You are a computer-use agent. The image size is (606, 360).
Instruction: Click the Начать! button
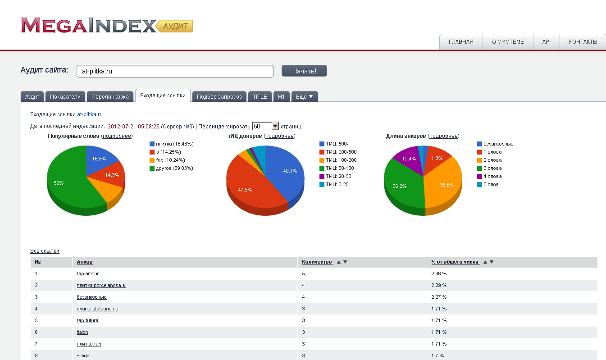(304, 71)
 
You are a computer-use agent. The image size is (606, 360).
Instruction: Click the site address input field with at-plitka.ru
(175, 71)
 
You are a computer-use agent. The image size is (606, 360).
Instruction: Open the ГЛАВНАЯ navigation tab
(461, 42)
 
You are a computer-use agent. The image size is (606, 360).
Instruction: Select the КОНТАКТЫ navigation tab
(583, 42)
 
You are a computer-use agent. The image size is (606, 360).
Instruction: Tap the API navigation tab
(546, 42)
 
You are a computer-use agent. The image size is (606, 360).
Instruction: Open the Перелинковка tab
(110, 96)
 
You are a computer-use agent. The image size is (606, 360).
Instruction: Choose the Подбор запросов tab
(219, 96)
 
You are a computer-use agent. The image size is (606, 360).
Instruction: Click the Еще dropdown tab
(305, 96)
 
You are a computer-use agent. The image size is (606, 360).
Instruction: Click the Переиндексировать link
(224, 127)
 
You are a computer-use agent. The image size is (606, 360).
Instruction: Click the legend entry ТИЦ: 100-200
(341, 160)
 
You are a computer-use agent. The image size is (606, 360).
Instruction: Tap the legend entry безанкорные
(498, 144)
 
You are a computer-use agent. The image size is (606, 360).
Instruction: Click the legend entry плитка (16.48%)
(174, 144)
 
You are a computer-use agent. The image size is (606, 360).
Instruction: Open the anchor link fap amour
(88, 273)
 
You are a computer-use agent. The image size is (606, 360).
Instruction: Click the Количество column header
(317, 262)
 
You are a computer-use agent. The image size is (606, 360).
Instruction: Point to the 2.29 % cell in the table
(438, 285)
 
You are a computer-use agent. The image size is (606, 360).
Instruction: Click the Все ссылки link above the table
(45, 251)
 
